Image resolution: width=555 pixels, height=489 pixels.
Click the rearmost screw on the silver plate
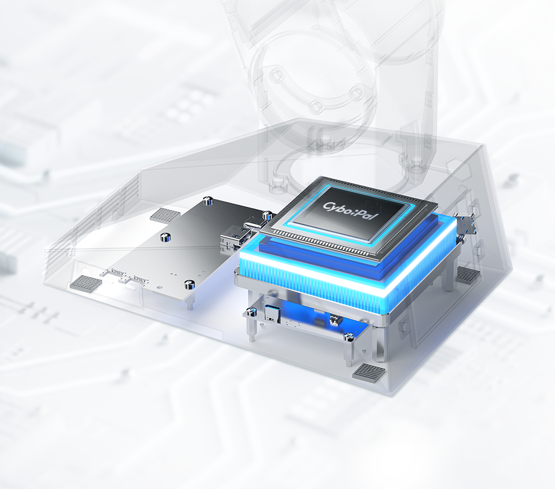[206, 201]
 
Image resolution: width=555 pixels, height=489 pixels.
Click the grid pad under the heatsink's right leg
[468, 273]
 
